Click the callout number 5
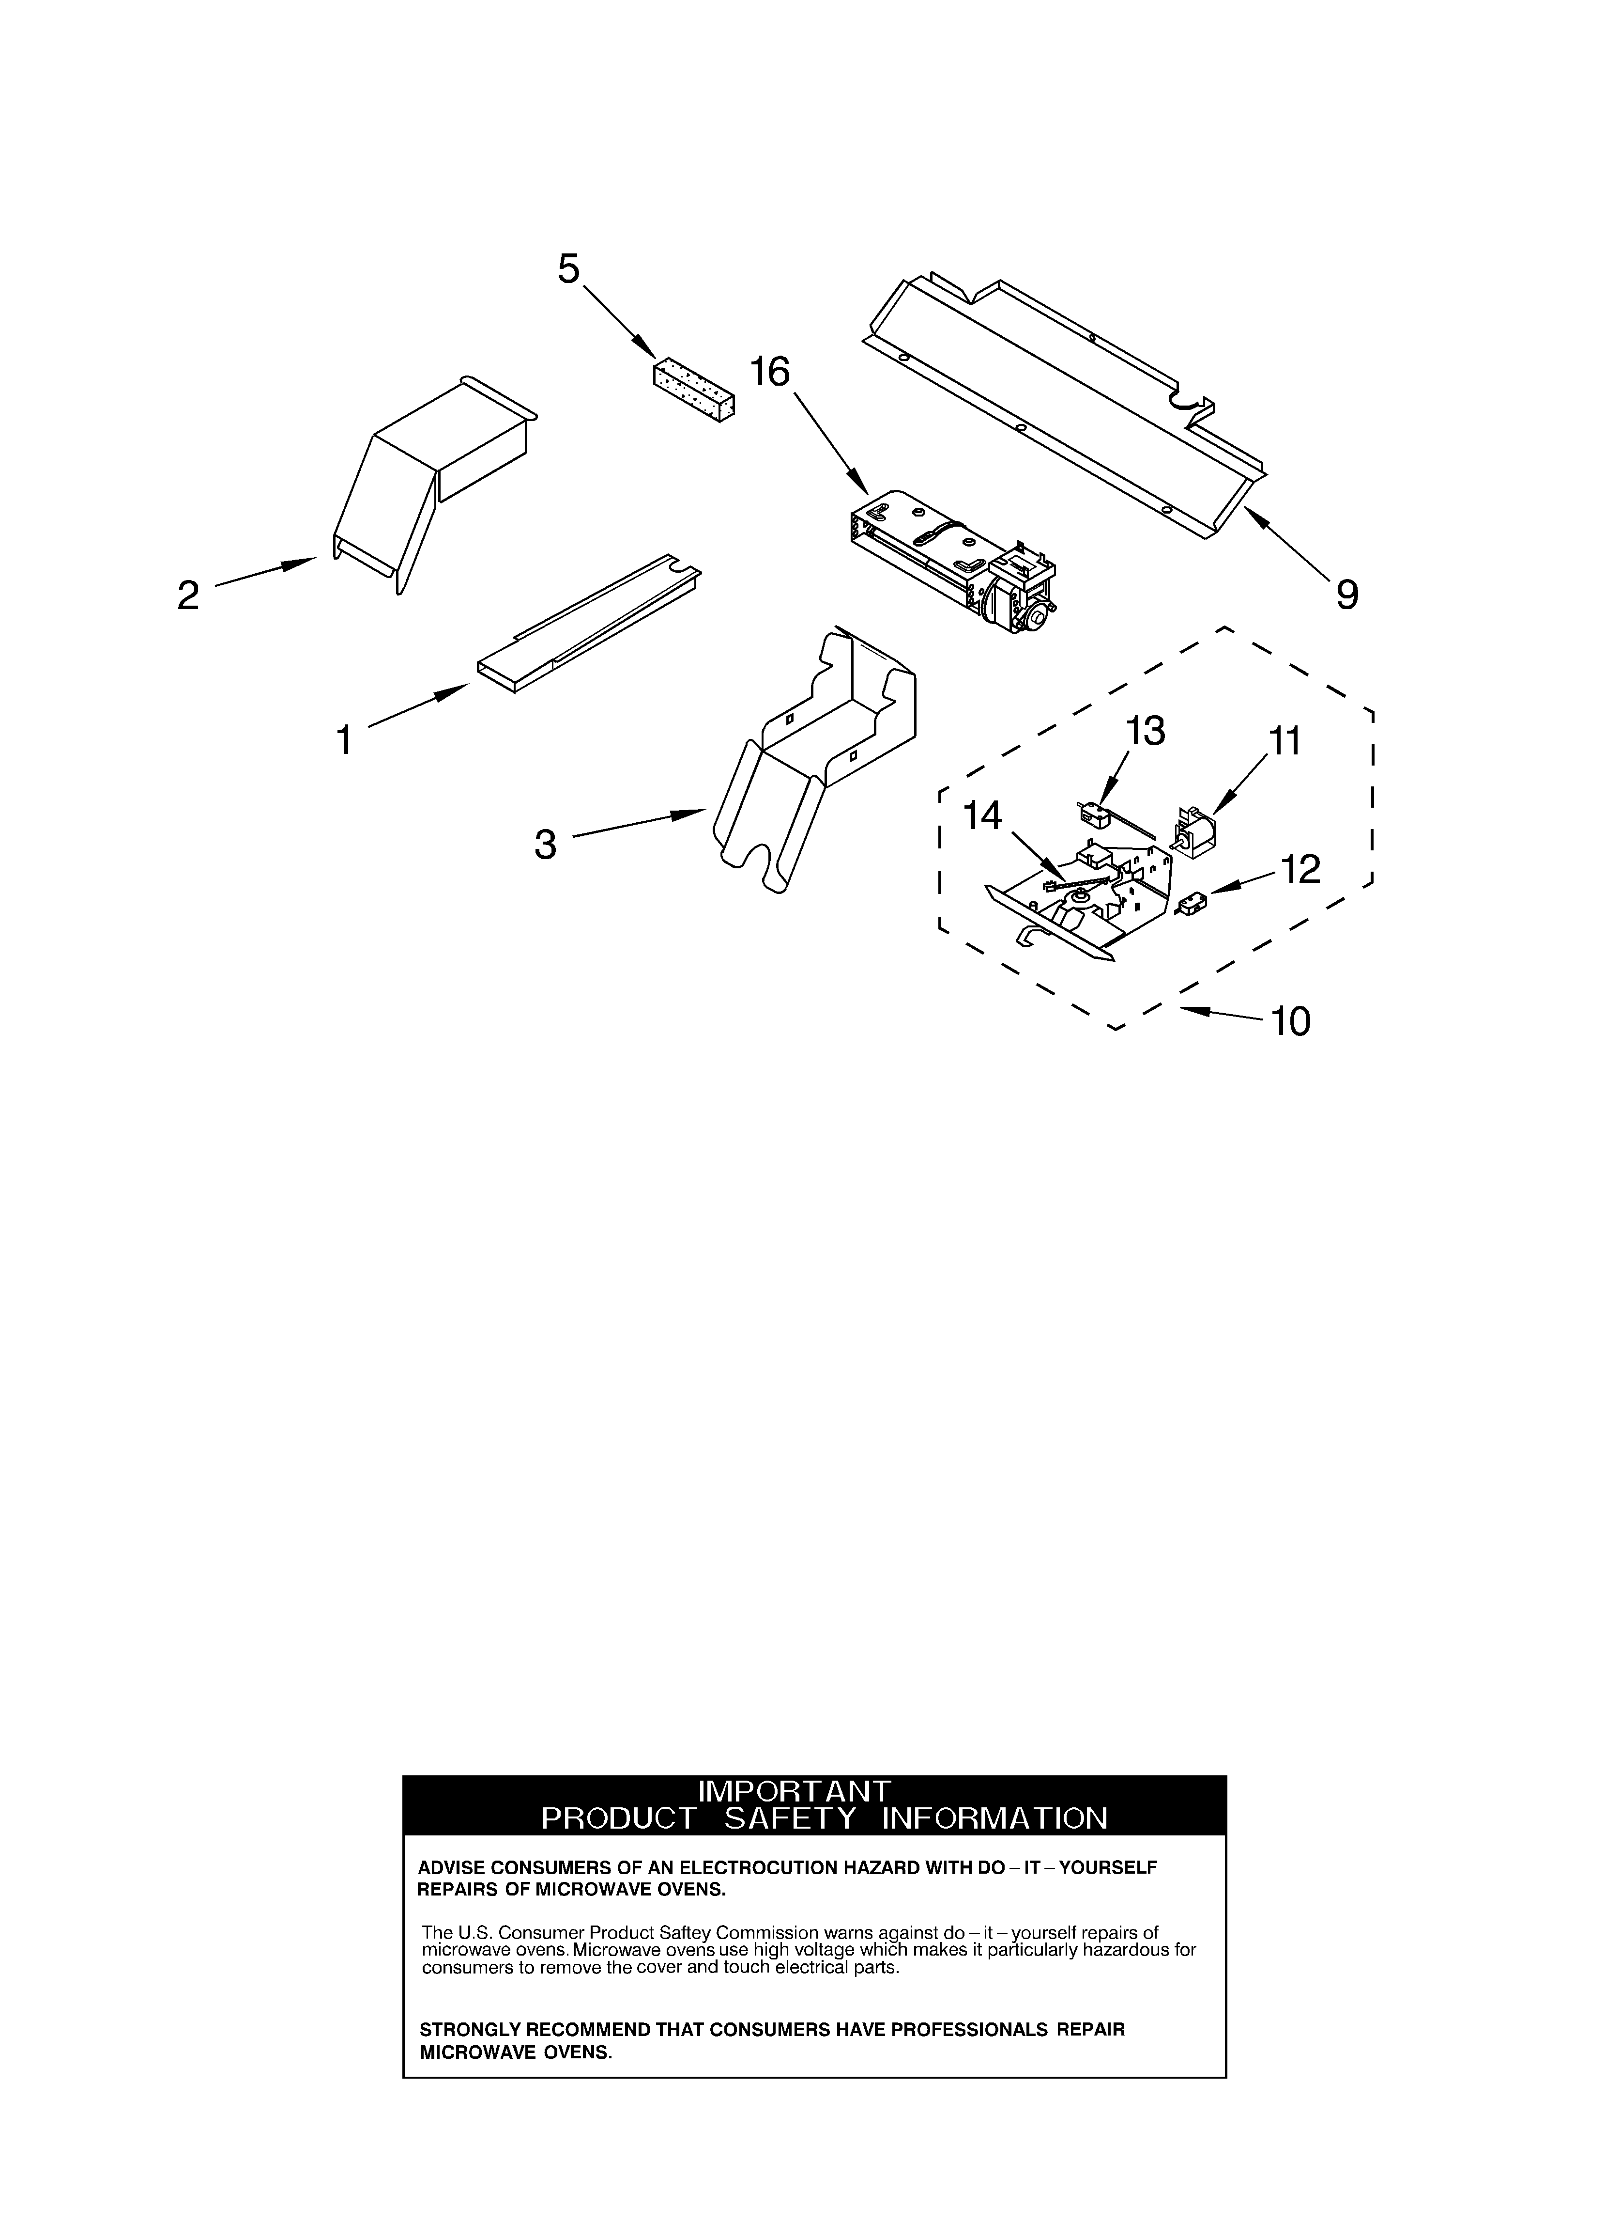568,268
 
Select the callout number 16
770,372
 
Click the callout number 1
344,740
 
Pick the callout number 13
1145,731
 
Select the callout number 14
982,816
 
